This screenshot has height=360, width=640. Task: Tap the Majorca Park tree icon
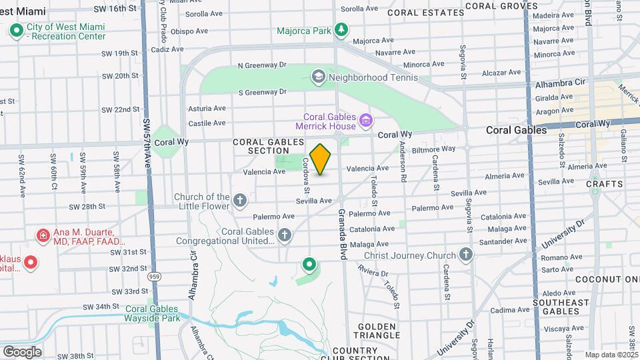(341, 29)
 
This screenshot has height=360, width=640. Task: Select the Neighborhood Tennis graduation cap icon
(319, 77)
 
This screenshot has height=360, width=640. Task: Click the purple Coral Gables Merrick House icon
(365, 121)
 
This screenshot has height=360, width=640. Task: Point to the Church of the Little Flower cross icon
(240, 200)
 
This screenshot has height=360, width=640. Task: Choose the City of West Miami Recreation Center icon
(16, 30)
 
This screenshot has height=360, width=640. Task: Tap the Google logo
(22, 351)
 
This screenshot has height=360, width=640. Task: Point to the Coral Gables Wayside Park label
(152, 313)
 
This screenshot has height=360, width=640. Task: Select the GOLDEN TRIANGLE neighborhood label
(377, 331)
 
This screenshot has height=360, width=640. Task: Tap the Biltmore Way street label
(433, 149)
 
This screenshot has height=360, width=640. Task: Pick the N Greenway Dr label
(262, 65)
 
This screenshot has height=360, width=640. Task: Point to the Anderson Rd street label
(403, 161)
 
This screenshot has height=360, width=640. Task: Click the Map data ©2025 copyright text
(611, 355)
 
